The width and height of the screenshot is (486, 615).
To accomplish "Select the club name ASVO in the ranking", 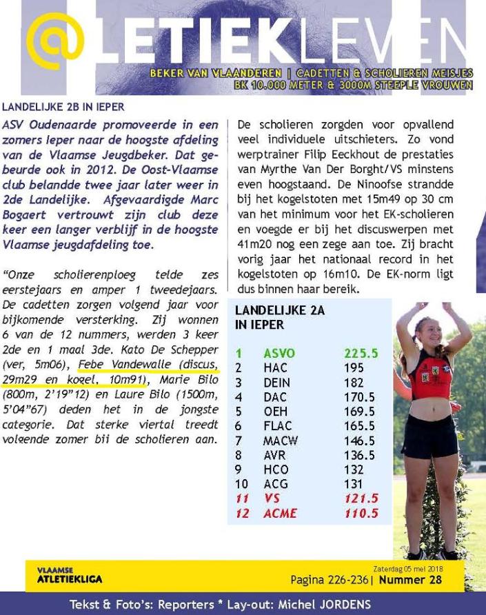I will [x=279, y=354].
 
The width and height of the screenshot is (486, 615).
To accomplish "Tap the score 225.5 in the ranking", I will [x=361, y=354].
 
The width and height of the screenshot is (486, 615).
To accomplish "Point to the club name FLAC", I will [x=277, y=426].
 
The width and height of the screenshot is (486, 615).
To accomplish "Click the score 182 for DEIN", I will [x=354, y=383].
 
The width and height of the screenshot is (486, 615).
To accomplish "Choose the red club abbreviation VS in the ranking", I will [x=271, y=498].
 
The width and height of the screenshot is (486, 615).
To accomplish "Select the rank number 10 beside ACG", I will [x=242, y=484].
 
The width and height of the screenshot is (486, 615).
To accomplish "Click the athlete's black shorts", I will [x=429, y=435].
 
